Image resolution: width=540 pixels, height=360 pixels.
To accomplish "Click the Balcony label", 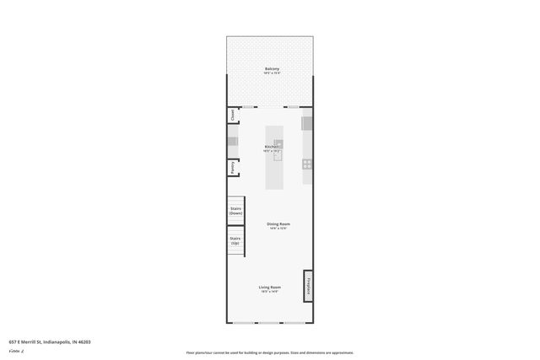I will tap(272, 68).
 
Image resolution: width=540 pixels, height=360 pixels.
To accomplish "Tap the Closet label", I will tap(232, 116).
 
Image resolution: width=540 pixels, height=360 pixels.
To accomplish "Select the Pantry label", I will tap(232, 167).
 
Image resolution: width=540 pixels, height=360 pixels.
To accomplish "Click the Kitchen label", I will tap(271, 147).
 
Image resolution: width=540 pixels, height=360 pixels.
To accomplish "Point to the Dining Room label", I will tap(278, 223).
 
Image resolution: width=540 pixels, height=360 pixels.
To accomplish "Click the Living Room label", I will tap(269, 287).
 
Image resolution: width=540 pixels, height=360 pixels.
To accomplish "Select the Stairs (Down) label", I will tap(236, 211).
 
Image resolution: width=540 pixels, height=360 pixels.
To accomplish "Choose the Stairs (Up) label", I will tap(236, 241).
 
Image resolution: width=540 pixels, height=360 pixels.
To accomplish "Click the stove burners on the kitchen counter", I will tap(308, 164).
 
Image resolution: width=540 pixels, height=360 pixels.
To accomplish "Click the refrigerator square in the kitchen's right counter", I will tap(308, 123).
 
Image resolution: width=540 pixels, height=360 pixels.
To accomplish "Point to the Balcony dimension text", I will tap(272, 73).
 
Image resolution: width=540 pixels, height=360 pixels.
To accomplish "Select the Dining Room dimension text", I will tap(278, 228).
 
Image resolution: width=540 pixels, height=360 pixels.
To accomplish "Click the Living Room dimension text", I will tap(269, 293).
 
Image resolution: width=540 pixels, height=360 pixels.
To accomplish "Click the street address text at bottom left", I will tap(50, 341).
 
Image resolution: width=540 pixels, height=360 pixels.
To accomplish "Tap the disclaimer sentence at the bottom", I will tap(269, 352).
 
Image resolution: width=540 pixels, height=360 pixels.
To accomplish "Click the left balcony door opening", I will tap(250, 107).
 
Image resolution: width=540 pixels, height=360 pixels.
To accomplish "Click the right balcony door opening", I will tap(291, 107).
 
